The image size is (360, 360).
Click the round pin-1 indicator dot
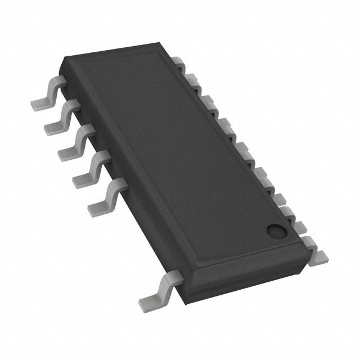click(275, 230)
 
